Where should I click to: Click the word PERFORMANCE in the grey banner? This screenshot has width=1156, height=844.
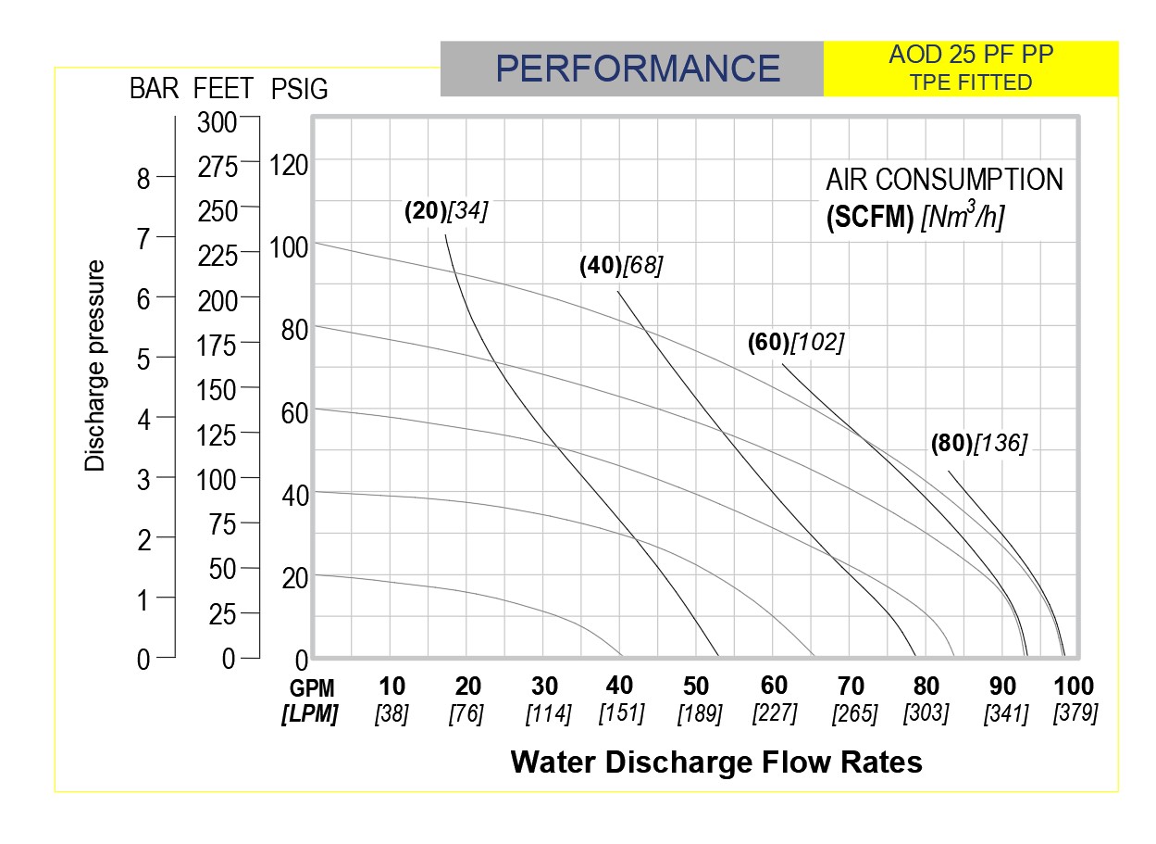(638, 69)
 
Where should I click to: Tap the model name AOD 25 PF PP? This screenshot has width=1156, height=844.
(971, 55)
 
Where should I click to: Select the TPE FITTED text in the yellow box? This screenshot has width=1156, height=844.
(971, 82)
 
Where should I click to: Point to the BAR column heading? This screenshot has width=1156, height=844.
(154, 88)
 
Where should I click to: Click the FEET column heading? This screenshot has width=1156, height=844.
(223, 88)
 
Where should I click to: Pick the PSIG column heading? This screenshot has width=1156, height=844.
(299, 89)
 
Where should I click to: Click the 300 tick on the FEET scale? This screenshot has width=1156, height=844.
(217, 123)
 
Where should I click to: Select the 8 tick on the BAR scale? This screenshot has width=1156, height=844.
(143, 179)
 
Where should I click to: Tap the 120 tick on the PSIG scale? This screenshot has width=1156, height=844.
(289, 166)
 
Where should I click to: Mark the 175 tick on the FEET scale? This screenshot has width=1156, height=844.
(217, 346)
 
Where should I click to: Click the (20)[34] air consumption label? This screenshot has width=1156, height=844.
(446, 210)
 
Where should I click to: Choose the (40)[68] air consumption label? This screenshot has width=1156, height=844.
(621, 266)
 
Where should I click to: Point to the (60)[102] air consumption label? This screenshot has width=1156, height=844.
(796, 343)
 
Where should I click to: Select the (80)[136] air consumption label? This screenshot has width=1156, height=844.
(979, 444)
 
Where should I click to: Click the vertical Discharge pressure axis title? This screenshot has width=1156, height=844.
(95, 366)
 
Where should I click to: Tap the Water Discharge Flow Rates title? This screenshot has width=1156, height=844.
(716, 762)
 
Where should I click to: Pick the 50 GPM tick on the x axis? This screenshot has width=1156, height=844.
(696, 687)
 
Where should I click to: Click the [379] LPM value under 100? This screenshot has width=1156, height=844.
(1075, 713)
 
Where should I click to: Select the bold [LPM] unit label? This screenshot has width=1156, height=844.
(310, 714)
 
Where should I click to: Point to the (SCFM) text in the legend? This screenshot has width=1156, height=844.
(870, 217)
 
